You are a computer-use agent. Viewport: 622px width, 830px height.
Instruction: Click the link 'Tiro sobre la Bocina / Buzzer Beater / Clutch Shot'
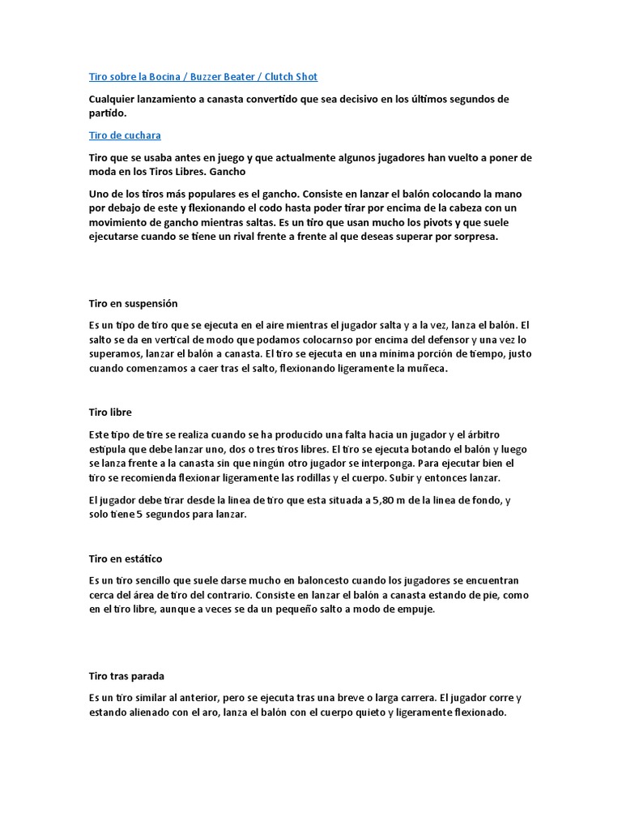coord(202,77)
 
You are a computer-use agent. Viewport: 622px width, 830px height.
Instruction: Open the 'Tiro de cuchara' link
coord(125,135)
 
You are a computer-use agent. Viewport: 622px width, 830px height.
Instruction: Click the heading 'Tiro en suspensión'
coord(133,303)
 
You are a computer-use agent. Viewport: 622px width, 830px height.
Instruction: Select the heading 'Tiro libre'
coord(110,413)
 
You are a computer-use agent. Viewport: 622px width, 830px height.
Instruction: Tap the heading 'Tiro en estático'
coord(126,558)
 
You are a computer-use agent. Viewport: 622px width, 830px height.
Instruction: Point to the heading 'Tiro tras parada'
coord(126,675)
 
